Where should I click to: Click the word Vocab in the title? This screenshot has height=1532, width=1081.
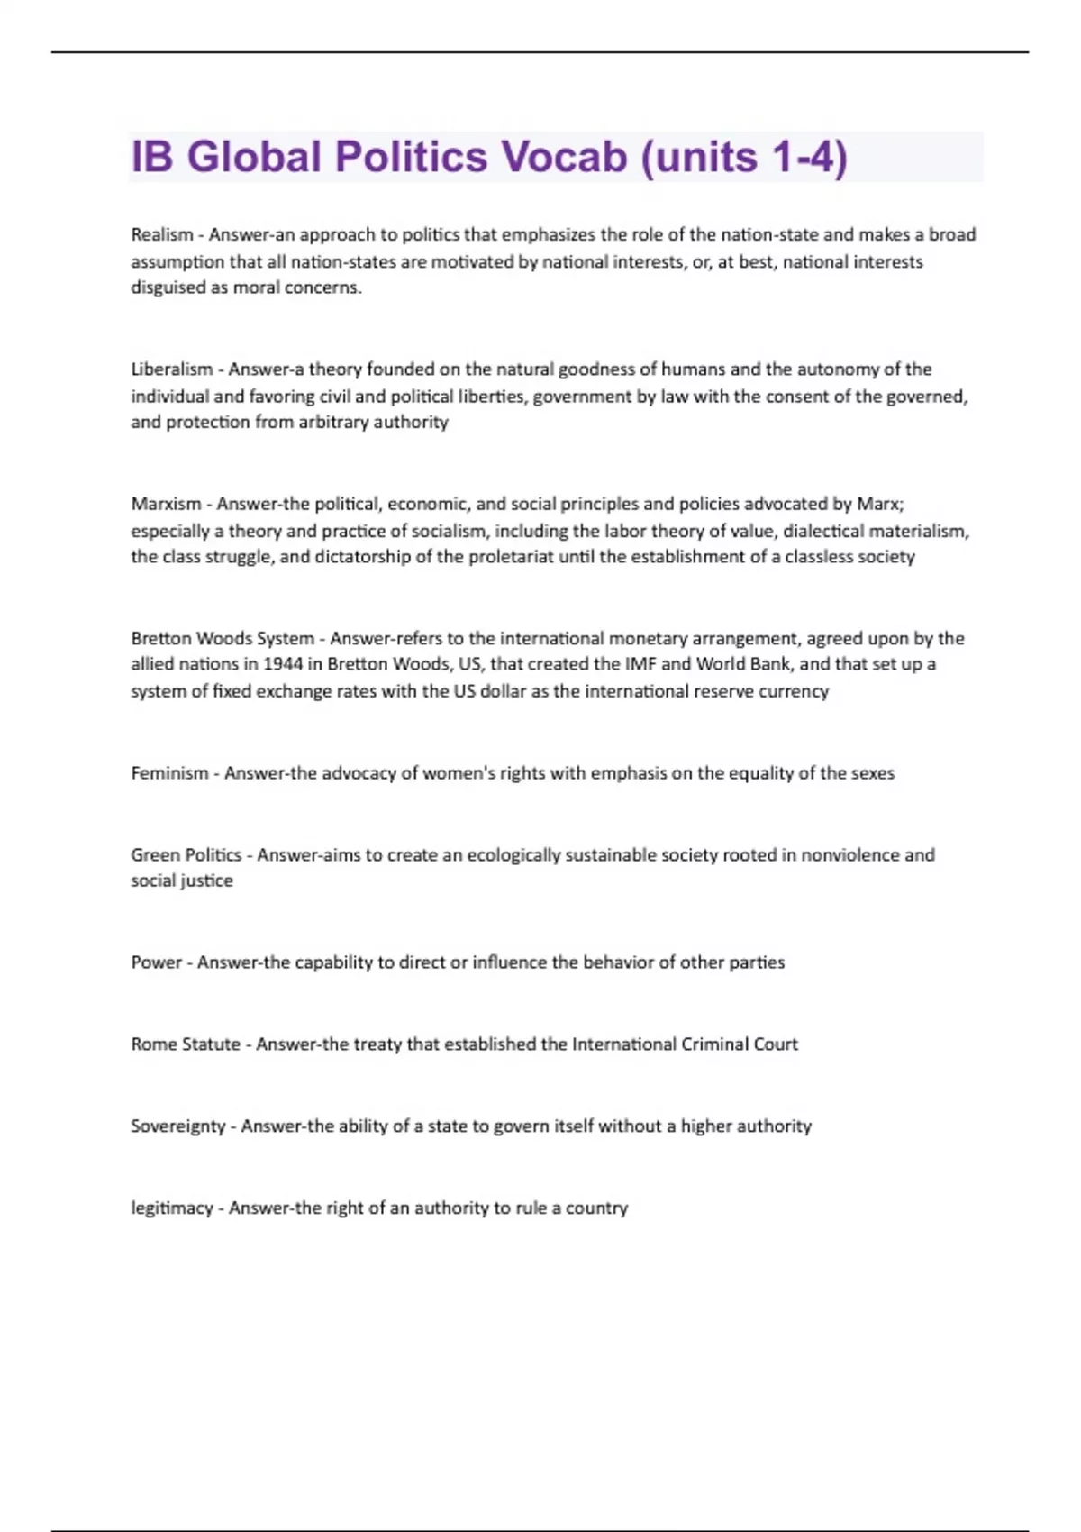[x=564, y=157]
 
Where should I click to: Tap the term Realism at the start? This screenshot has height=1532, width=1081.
[x=162, y=235]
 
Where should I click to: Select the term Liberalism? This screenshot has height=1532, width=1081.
[x=172, y=369]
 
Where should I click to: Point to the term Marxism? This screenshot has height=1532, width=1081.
[x=167, y=504]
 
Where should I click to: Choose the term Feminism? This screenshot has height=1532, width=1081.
[x=169, y=773]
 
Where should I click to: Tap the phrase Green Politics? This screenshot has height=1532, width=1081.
[x=186, y=855]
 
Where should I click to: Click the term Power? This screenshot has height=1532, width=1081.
[x=157, y=962]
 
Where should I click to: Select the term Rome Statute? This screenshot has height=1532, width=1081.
[x=186, y=1044]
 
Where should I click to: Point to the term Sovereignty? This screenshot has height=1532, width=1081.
[x=178, y=1126]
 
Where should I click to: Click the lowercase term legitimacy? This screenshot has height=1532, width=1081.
[x=172, y=1208]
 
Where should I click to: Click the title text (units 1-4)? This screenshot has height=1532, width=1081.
[x=744, y=157]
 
